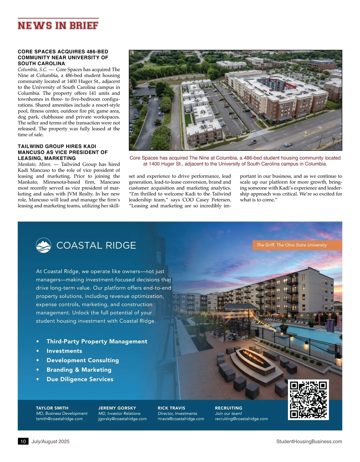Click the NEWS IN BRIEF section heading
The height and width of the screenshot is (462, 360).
pyautogui.click(x=58, y=25)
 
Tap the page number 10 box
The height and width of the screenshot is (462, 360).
pyautogui.click(x=23, y=441)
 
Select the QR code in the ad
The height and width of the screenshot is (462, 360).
pyautogui.click(x=308, y=400)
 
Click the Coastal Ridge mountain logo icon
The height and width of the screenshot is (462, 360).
pyautogui.click(x=43, y=245)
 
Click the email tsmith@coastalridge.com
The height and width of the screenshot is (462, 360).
pyautogui.click(x=59, y=419)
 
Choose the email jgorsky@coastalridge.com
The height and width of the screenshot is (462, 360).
pyautogui.click(x=122, y=419)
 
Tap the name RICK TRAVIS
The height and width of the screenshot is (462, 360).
pyautogui.click(x=171, y=408)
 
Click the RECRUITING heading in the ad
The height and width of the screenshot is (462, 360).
pyautogui.click(x=228, y=408)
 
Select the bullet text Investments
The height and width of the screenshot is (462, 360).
pyautogui.click(x=64, y=351)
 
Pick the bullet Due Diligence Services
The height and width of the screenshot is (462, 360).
pyautogui.click(x=80, y=379)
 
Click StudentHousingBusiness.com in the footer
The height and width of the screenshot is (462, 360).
pyautogui.click(x=309, y=441)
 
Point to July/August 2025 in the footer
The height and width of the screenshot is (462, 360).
pyautogui.click(x=50, y=441)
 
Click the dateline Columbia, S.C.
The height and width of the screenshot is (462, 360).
pyautogui.click(x=32, y=70)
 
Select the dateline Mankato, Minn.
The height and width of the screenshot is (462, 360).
pyautogui.click(x=34, y=164)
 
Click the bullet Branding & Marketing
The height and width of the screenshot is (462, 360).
pyautogui.click(x=79, y=370)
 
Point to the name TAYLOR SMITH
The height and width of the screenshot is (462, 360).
pyautogui.click(x=52, y=408)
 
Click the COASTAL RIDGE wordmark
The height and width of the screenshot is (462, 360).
pyautogui.click(x=96, y=246)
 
